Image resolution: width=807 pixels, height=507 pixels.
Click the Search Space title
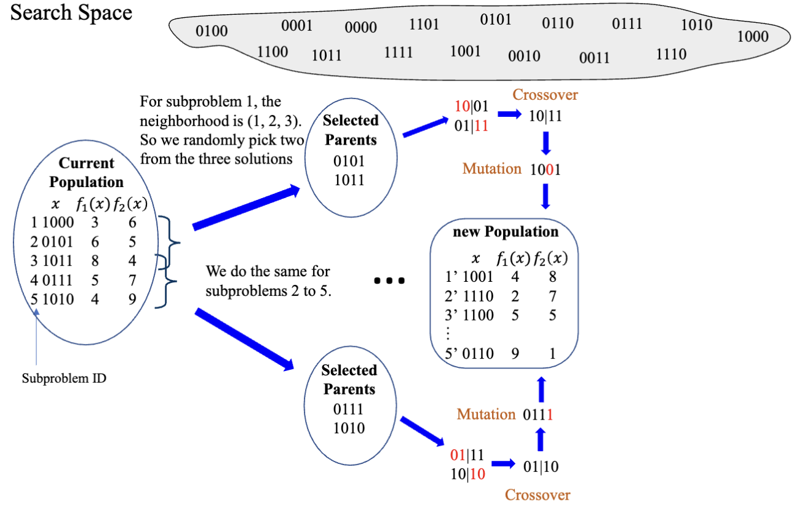(x=71, y=13)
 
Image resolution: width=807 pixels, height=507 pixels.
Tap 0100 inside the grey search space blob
(x=212, y=31)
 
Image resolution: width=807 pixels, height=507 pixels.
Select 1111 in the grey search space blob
(x=399, y=53)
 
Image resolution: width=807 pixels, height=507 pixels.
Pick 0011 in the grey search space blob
(x=594, y=58)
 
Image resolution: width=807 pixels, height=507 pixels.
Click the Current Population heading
(x=87, y=173)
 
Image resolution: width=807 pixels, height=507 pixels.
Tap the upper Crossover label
(x=546, y=95)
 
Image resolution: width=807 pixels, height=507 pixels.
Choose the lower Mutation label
(x=486, y=414)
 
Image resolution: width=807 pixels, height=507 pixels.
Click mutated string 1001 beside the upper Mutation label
(x=545, y=169)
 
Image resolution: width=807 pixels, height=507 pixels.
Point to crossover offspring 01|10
(x=541, y=466)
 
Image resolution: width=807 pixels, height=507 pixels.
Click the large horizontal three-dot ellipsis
(x=390, y=281)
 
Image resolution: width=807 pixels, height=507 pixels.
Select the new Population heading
(x=506, y=232)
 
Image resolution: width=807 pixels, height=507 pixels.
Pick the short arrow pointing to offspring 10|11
(x=509, y=115)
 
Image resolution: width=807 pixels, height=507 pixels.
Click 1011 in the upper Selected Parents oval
(x=349, y=180)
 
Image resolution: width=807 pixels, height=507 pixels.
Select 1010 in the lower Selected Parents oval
(x=349, y=428)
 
